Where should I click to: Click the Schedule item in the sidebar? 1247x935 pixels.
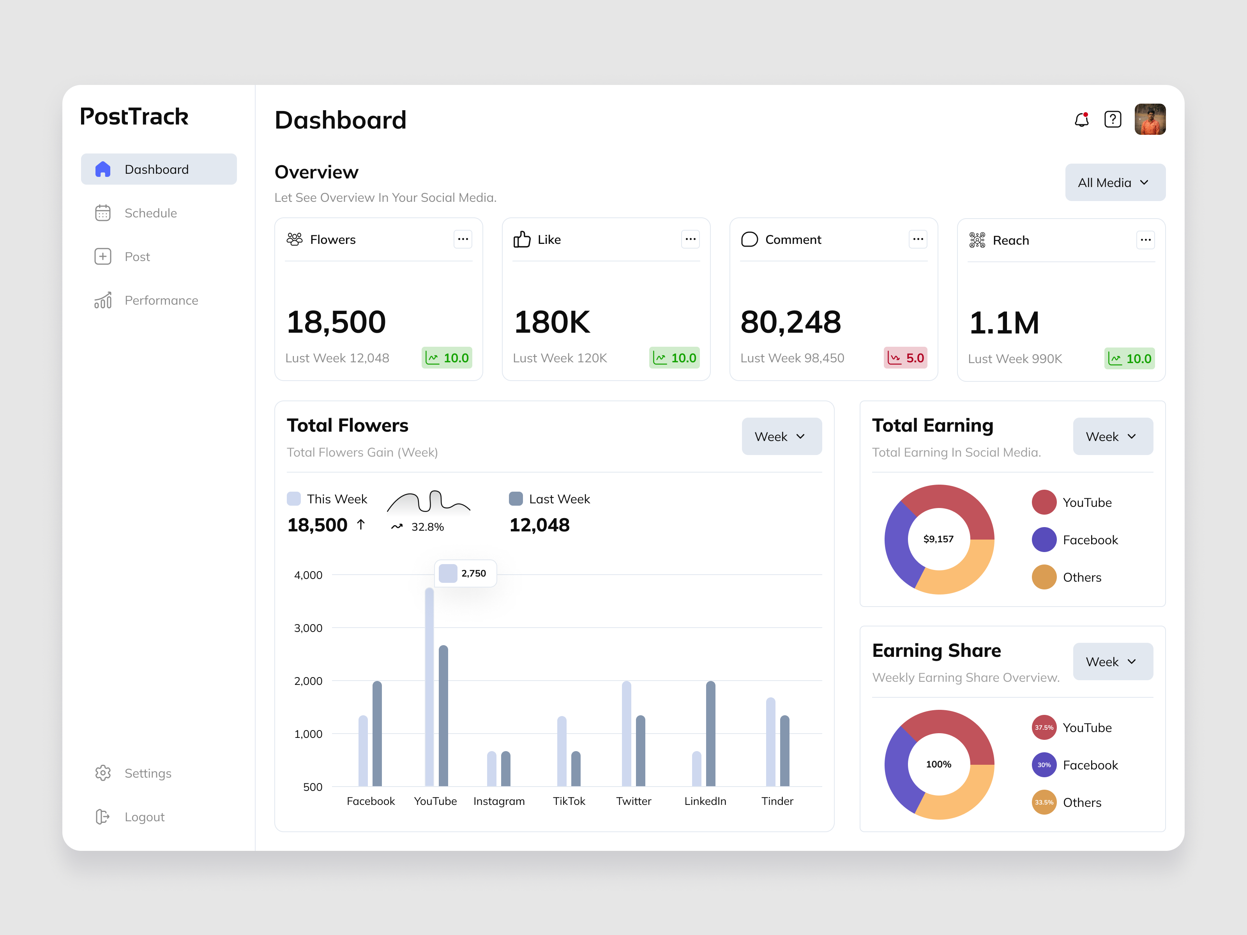click(150, 213)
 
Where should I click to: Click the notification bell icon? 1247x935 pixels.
click(1081, 120)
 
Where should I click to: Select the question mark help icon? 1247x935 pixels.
click(1112, 120)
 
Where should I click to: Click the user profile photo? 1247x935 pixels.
click(1150, 120)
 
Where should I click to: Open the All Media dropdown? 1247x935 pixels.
click(1115, 183)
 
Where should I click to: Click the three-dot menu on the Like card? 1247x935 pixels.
click(690, 240)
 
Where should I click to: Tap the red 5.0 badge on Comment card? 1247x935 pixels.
click(905, 358)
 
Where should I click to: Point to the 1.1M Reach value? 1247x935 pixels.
click(1004, 323)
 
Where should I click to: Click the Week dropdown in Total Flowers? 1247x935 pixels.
click(781, 437)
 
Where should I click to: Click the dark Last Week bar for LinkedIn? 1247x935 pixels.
click(710, 733)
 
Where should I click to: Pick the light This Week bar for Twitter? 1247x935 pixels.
click(626, 733)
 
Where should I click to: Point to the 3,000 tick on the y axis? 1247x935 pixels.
click(308, 628)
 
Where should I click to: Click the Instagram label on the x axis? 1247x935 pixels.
click(499, 801)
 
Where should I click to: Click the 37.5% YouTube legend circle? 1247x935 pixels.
click(1044, 728)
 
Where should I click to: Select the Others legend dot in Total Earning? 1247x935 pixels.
click(1044, 577)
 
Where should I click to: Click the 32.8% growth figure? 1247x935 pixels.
click(427, 527)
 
